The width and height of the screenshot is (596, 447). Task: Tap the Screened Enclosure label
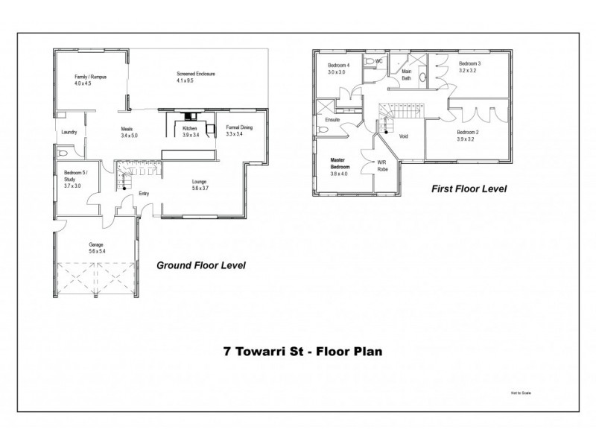pos(195,77)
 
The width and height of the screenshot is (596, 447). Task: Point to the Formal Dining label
pos(239,131)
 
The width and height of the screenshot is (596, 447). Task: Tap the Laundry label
pos(69,133)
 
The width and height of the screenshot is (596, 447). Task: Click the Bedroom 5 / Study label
pos(76,177)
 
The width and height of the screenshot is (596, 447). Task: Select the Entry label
pos(144,194)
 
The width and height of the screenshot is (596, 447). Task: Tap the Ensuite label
pos(332,119)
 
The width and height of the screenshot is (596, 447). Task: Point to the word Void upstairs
pos(403,136)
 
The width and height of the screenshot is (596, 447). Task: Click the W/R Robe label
pos(382,165)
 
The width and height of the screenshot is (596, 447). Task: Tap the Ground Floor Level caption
pos(200,264)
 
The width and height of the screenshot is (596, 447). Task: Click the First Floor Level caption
pos(469,189)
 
